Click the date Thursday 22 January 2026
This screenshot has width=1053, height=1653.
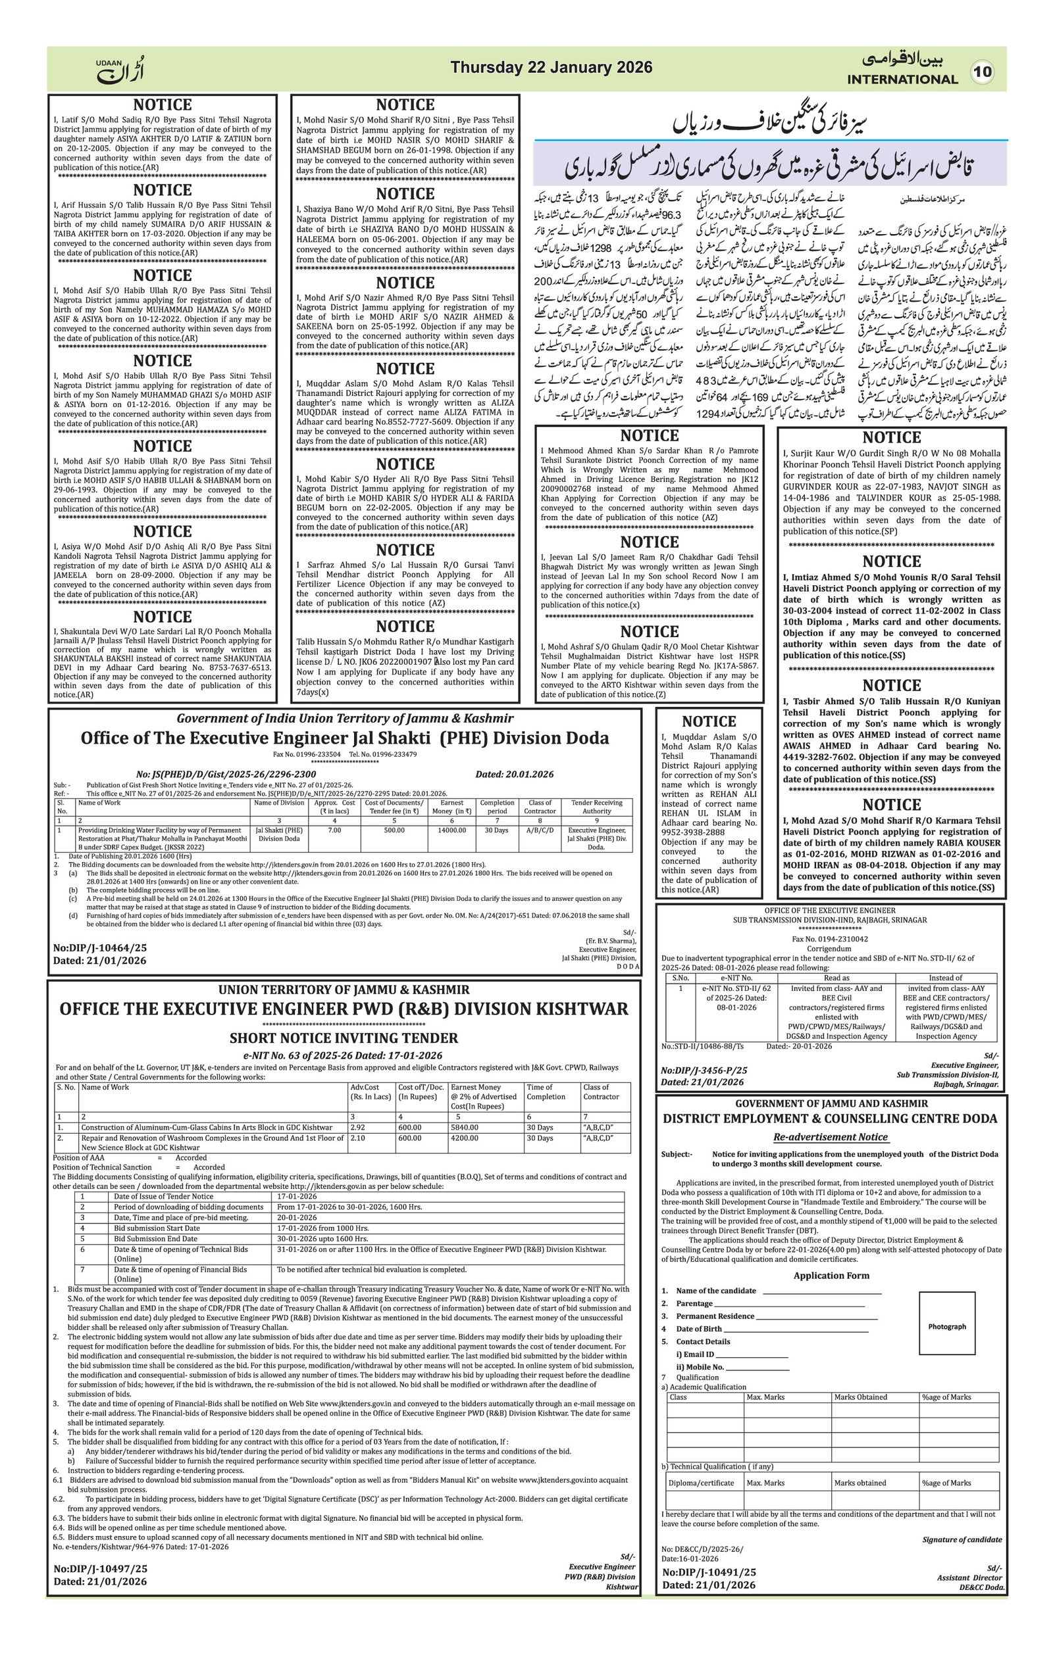pyautogui.click(x=551, y=67)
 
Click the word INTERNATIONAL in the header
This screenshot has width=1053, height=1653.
pyautogui.click(x=902, y=79)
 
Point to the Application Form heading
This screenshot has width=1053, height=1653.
pyautogui.click(x=831, y=1276)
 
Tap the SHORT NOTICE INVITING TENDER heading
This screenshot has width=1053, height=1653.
pyautogui.click(x=344, y=1038)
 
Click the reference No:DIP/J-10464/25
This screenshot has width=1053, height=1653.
pyautogui.click(x=99, y=948)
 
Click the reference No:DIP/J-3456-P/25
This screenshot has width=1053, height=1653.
pyautogui.click(x=704, y=1070)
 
